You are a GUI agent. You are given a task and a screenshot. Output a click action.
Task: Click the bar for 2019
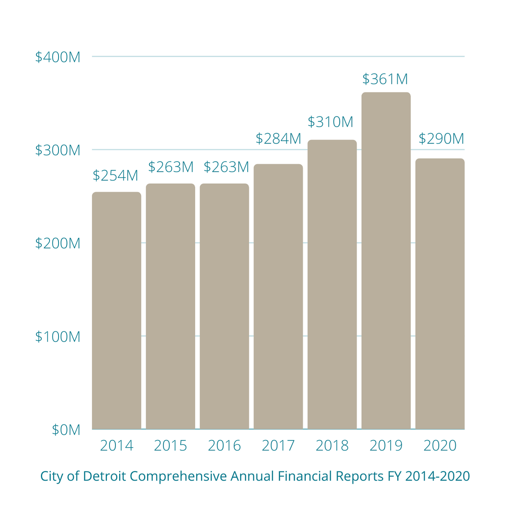pos(386,261)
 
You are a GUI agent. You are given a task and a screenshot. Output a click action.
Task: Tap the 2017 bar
pos(278,297)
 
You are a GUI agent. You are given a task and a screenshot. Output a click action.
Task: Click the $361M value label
pos(385,79)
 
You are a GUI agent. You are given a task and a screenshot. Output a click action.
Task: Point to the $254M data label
pos(115,175)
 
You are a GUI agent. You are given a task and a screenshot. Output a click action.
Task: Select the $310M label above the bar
pos(330,122)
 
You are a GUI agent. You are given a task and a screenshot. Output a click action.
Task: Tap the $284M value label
pos(278,139)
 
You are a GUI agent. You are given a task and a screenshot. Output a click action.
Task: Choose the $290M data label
pos(441,139)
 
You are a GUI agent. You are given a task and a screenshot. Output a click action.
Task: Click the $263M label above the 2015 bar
pos(171,167)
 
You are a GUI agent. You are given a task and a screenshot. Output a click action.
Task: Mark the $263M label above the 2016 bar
pos(226,167)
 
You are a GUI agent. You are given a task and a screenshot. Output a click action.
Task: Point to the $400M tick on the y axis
pos(58,57)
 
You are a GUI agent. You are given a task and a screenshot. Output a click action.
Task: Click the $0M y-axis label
pos(66,430)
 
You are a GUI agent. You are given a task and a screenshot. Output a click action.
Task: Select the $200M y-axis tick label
pos(58,243)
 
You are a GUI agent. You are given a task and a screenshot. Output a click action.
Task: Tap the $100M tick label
pos(58,336)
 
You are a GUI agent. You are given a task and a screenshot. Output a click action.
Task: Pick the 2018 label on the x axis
pos(332,446)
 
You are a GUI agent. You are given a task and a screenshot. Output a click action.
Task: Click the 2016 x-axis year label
pos(224,446)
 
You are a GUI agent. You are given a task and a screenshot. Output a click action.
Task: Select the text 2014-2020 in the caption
pos(437,476)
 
